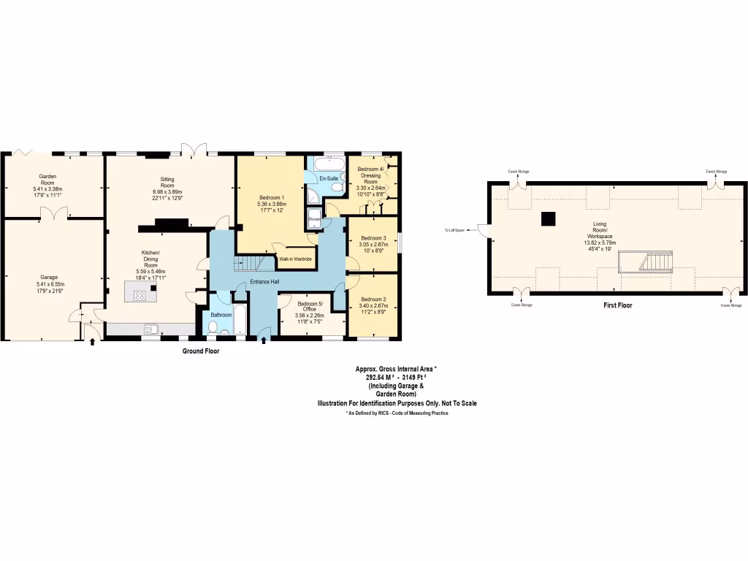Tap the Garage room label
[x=49, y=278]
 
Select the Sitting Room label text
[x=167, y=182]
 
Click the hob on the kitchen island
[x=140, y=294]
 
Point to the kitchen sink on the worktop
[x=151, y=329]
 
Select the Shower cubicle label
[x=314, y=218]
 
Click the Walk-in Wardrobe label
[x=295, y=259]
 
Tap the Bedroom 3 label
[x=373, y=238]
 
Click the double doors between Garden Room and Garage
[x=54, y=213]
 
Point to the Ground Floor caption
[x=200, y=351]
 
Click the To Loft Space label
[x=454, y=231]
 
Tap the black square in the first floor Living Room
[x=547, y=218]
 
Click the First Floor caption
[x=618, y=306]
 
